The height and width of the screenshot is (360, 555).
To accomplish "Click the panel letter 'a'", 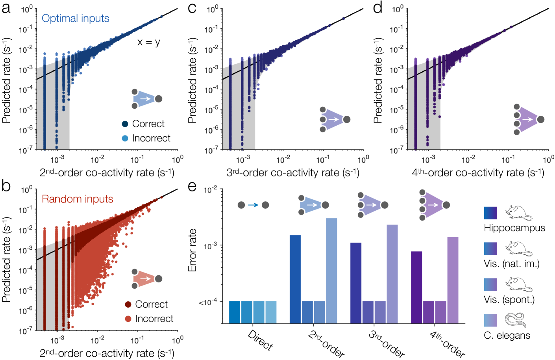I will coord(6,8).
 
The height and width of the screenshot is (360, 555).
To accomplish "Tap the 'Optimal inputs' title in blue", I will coord(76,19).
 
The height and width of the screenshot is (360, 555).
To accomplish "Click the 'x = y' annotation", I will coord(148,42).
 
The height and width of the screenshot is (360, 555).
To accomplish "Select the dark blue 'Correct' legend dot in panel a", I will coord(125,124).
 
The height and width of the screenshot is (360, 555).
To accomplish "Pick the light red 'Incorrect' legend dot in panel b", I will coord(128,319).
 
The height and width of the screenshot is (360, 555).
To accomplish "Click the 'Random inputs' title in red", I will coord(78,199).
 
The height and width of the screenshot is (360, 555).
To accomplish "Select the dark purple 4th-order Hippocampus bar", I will coord(416,287).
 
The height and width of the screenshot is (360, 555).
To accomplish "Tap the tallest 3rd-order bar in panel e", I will coord(392,274).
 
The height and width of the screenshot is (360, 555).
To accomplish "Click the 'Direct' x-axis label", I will coord(260,340).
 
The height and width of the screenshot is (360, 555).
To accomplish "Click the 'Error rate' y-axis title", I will coord(192,250).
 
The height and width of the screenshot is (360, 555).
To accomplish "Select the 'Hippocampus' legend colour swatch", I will coord(490,213).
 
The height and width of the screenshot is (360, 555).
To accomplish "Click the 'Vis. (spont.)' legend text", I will coord(509,300).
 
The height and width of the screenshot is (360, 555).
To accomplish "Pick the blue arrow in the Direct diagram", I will coord(253,205).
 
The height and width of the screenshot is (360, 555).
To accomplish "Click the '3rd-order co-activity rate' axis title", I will coord(293,173).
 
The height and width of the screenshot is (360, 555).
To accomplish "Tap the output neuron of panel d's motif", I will coord(541,119).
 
